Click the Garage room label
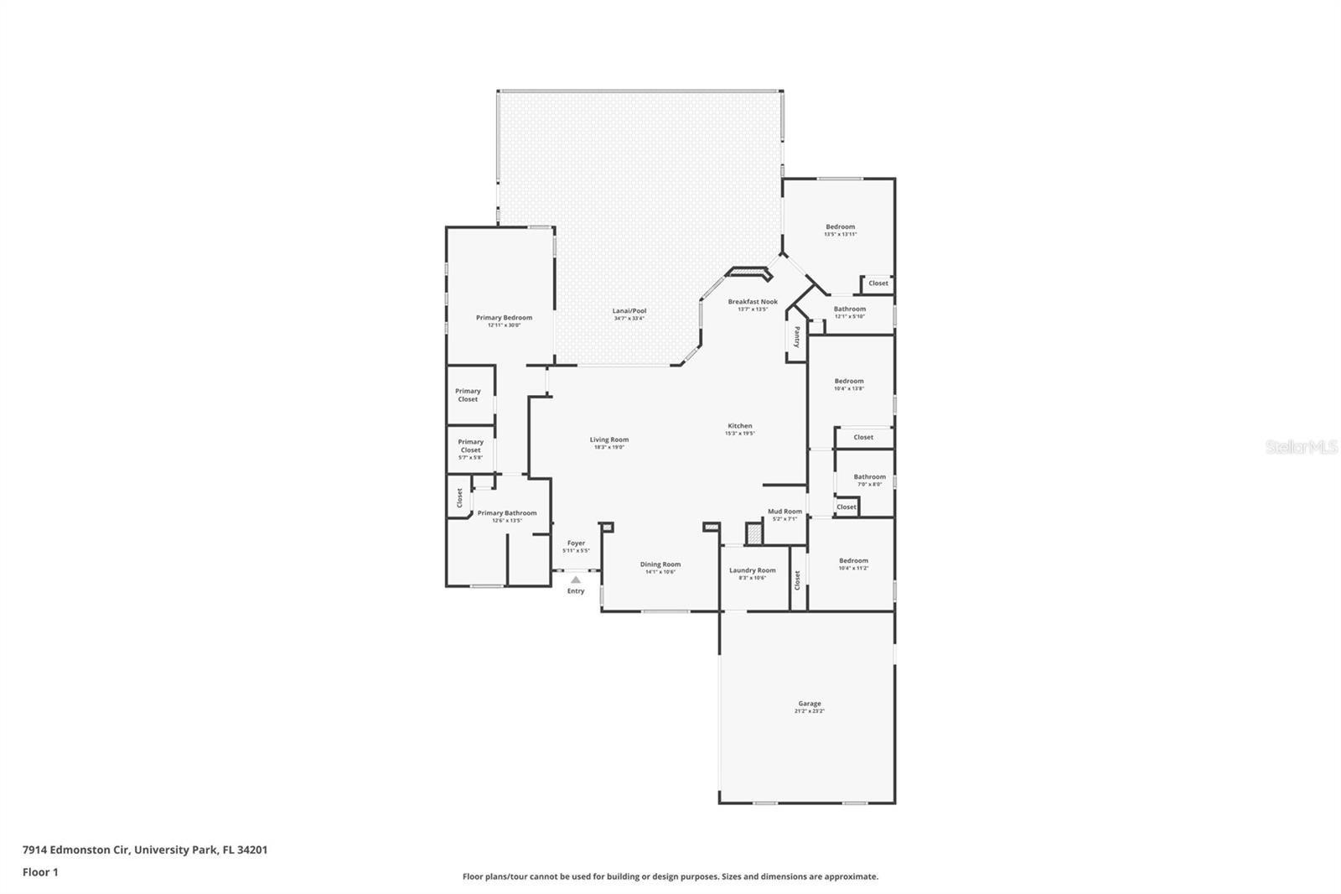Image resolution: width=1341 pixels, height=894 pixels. (809, 704)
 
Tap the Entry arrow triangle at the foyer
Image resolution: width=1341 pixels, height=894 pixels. (575, 580)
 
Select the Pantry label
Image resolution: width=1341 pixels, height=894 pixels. (797, 336)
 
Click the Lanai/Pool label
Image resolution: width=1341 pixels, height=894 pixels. (629, 311)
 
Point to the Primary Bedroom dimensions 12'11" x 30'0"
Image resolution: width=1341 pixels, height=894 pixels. (504, 325)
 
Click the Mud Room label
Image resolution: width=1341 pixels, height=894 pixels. (785, 512)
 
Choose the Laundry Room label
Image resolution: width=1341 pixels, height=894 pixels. (752, 570)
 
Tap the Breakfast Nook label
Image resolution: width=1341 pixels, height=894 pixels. (752, 302)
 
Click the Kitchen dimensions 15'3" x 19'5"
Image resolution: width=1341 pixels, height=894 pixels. (739, 434)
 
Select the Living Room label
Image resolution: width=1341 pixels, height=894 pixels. (608, 439)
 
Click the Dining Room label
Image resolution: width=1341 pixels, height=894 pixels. (660, 564)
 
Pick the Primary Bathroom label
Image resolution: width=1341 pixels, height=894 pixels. (506, 513)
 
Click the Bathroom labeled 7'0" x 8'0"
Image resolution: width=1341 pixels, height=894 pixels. (869, 477)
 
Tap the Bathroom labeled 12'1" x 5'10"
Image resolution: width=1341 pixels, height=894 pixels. (849, 309)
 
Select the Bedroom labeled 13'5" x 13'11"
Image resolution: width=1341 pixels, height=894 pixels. (840, 227)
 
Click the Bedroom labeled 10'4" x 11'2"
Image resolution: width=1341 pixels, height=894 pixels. (853, 561)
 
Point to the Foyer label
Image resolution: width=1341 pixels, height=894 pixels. (576, 543)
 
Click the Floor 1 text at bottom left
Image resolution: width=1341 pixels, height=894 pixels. (40, 872)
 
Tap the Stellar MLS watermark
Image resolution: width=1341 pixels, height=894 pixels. (1301, 448)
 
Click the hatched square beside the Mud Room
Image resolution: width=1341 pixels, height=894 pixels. (754, 533)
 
